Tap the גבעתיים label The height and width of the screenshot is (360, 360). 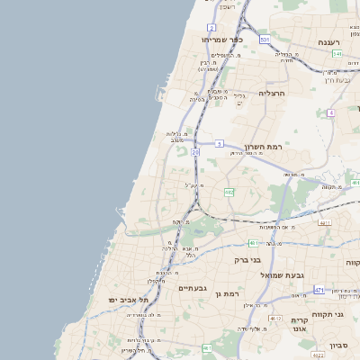coord(193,288)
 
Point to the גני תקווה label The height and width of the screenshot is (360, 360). coord(334,313)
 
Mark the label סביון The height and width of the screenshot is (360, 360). coord(339,345)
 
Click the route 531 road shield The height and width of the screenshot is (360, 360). coord(265,40)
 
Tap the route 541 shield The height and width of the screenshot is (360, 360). coord(336,54)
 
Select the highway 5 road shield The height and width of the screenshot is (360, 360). coord(219,143)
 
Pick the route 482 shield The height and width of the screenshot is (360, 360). coord(229,192)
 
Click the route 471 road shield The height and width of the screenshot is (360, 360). coord(319,290)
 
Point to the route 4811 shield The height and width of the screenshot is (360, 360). coord(325,222)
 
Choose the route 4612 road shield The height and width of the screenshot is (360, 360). coord(274,319)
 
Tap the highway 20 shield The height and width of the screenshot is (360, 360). coord(195,153)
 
